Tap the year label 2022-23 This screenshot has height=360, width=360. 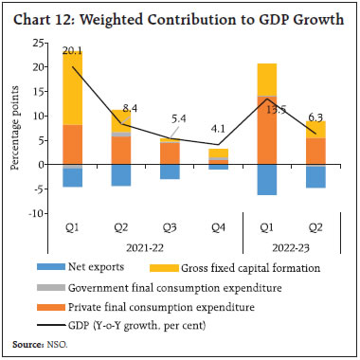pos(293,248)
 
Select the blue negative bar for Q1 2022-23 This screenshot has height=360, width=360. pos(268,180)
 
